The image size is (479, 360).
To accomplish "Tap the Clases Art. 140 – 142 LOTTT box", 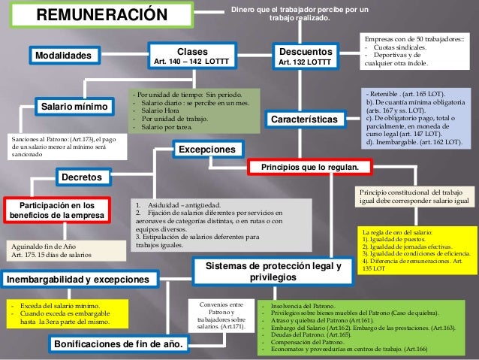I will click(x=191, y=54).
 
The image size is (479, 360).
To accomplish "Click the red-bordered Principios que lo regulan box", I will click(x=314, y=166).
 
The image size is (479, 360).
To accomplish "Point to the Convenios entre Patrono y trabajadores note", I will click(x=221, y=315).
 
